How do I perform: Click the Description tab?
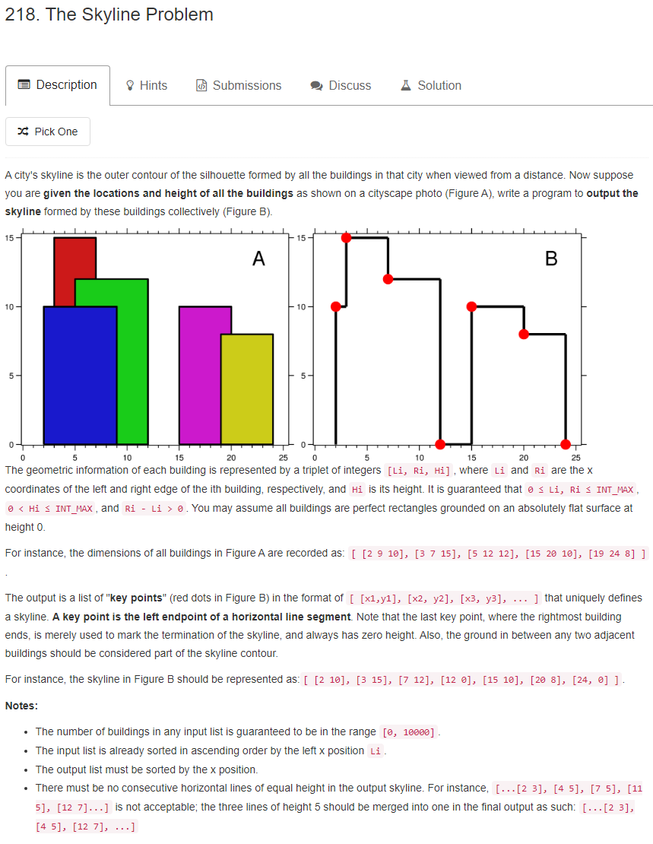[58, 85]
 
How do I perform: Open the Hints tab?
[146, 86]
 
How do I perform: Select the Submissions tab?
[239, 86]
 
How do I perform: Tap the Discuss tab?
[341, 86]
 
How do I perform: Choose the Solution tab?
[431, 86]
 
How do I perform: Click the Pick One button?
[47, 132]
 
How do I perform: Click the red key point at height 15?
[347, 238]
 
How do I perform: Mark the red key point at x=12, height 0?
[440, 444]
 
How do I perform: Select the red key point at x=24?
[566, 444]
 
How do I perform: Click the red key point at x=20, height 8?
[524, 334]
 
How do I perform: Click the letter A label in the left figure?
[258, 259]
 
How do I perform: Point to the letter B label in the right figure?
[551, 259]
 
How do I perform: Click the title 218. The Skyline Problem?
[109, 14]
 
